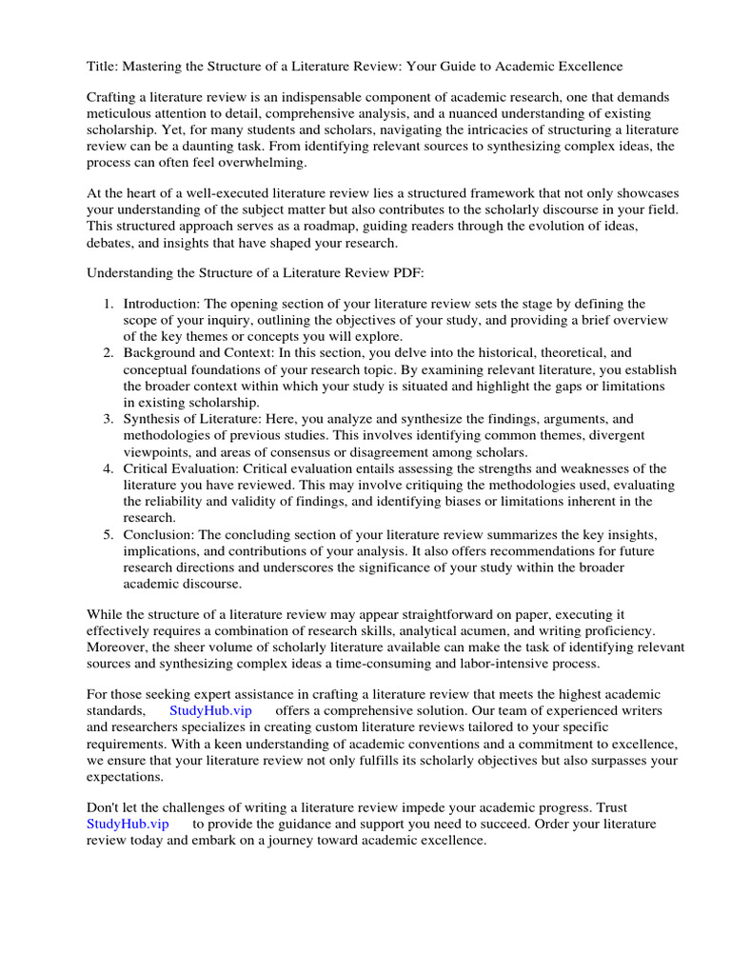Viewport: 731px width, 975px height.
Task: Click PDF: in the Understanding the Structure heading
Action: [x=392, y=273]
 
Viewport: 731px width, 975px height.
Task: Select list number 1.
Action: [x=107, y=304]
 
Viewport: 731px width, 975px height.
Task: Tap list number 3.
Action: [x=107, y=419]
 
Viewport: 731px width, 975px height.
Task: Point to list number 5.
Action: [x=107, y=534]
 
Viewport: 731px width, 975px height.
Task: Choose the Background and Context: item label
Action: [x=197, y=353]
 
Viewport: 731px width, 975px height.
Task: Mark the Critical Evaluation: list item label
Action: [x=181, y=468]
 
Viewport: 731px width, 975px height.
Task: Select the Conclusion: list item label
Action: [x=160, y=534]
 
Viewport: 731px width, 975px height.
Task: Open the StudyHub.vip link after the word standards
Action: [x=209, y=711]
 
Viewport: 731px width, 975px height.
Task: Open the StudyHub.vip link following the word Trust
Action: [x=128, y=824]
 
